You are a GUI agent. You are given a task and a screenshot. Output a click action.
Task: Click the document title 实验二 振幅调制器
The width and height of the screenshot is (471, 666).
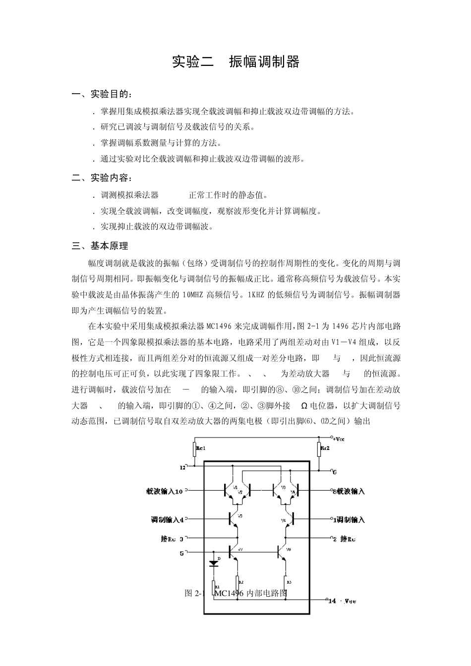coord(235,62)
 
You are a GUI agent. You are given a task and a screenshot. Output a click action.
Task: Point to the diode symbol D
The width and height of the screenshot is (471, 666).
coord(214,562)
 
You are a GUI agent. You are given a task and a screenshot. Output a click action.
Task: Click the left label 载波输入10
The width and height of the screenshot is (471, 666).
coord(164,491)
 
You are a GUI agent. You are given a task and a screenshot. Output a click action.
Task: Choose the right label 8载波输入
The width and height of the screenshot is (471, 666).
coord(349,491)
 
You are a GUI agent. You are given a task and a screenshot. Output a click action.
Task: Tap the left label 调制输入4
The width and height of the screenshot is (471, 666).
coord(167,520)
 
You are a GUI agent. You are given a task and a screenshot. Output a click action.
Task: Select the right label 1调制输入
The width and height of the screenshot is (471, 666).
coord(349,520)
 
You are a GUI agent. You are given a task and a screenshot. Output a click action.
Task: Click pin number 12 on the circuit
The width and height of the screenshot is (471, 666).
coord(182,467)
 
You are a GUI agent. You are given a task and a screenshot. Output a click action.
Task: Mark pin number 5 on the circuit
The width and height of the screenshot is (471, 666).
coord(181,553)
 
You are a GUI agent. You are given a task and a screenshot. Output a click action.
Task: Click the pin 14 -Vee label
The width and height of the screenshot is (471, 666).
coord(342,601)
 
